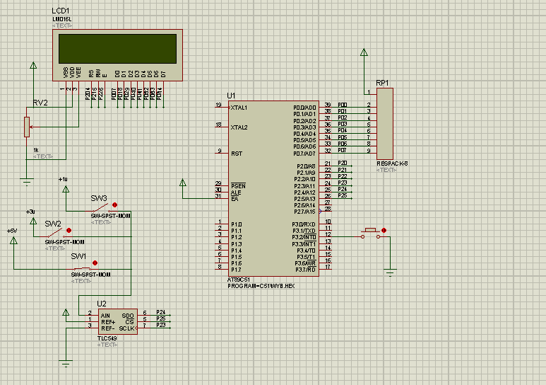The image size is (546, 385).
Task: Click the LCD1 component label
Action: click(x=61, y=12)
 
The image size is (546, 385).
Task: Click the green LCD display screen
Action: click(x=117, y=48)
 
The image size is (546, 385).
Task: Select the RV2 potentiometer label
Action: click(x=40, y=103)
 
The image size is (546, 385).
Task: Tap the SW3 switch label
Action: click(x=99, y=198)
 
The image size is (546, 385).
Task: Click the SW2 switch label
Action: click(x=53, y=224)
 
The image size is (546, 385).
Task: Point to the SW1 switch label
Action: click(x=78, y=256)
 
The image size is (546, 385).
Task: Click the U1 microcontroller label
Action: click(x=231, y=96)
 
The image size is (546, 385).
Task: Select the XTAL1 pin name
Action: click(x=239, y=108)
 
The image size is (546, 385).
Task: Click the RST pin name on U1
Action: click(x=237, y=154)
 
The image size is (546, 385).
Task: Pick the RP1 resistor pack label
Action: click(x=382, y=83)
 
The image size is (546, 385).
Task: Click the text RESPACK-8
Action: click(x=392, y=163)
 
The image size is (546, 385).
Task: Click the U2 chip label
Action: click(x=102, y=304)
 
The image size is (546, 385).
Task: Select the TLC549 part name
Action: click(x=107, y=338)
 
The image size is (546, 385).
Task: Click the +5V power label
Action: click(x=11, y=231)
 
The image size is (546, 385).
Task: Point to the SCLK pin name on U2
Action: click(x=126, y=328)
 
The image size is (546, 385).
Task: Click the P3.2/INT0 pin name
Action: click(x=304, y=237)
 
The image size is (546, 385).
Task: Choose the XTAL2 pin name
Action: click(x=239, y=127)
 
